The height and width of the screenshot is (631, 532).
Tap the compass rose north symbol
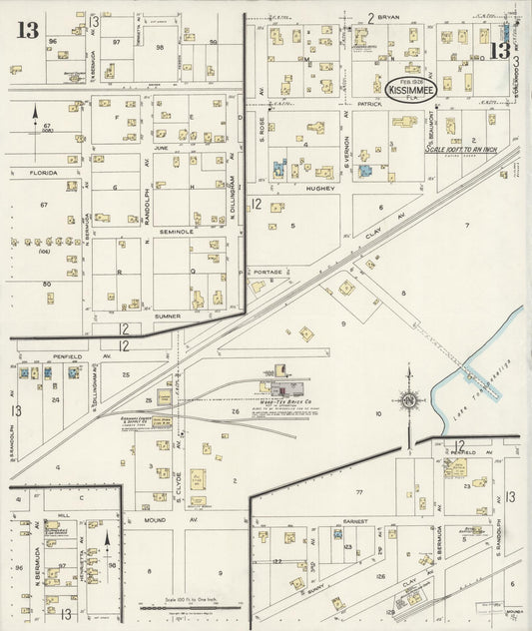[x=408, y=400]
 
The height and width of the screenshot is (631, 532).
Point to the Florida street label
[x=44, y=173]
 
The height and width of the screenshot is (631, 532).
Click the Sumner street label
[x=168, y=315]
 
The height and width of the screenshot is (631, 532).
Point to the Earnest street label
[x=356, y=521]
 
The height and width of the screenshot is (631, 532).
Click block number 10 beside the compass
[x=378, y=412]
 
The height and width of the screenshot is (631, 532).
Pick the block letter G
[x=116, y=188]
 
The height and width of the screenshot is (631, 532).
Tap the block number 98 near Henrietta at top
[x=159, y=47]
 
